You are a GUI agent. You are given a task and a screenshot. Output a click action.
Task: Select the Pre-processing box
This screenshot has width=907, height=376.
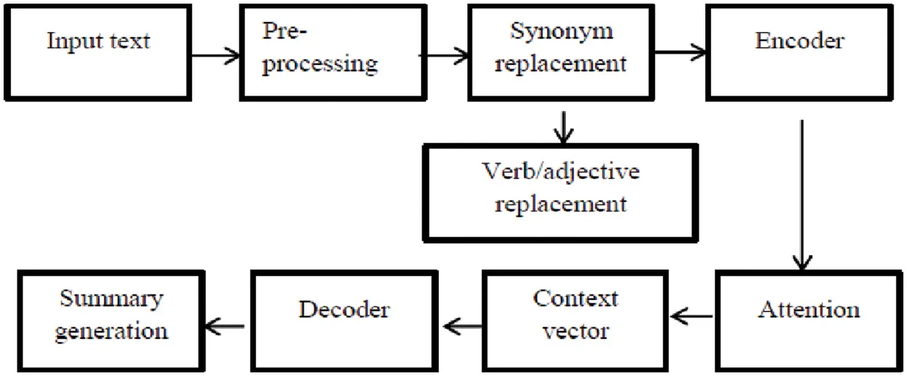click(x=320, y=52)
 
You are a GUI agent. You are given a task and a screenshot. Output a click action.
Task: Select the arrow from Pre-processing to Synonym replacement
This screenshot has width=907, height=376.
click(x=443, y=53)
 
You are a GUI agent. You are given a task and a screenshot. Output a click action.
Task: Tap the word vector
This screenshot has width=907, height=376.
click(x=576, y=332)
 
